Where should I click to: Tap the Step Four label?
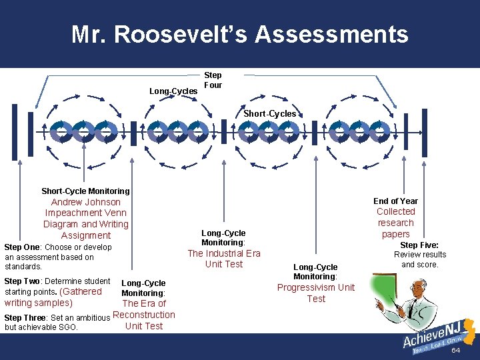tap(213, 80)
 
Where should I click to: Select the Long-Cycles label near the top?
tap(173, 91)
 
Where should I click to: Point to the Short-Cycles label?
tap(269, 114)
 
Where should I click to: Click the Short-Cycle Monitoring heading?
tap(85, 191)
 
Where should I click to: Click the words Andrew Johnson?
tap(86, 202)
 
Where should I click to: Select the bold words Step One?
tap(22, 247)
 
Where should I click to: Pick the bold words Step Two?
tap(22, 281)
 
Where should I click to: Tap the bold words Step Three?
tap(25, 317)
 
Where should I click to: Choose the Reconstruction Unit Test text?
tap(144, 320)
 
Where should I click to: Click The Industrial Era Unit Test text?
tap(224, 259)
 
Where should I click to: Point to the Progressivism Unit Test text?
tap(316, 293)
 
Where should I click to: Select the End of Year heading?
tap(395, 201)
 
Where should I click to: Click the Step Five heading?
tap(419, 245)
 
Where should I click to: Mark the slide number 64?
tap(456, 351)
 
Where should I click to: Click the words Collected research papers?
tap(395, 223)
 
